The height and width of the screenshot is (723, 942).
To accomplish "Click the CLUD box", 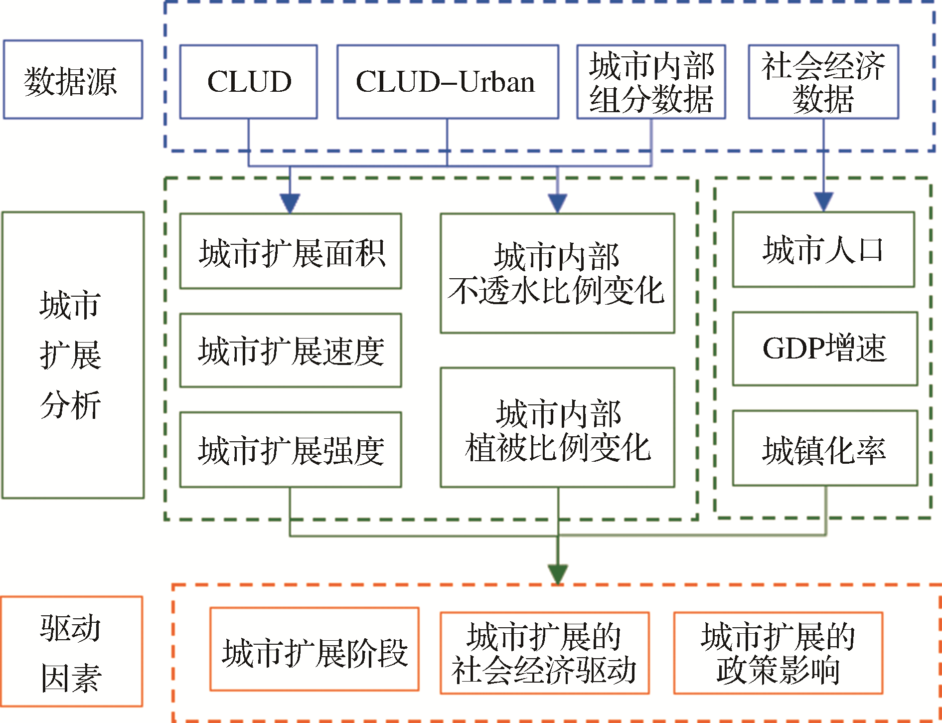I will click(x=249, y=82).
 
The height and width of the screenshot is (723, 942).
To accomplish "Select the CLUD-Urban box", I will click(x=448, y=82).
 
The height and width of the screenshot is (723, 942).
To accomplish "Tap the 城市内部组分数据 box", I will click(x=651, y=82).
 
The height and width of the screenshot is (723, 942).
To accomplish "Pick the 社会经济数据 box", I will click(x=823, y=82).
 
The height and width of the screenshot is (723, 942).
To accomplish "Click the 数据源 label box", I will click(x=73, y=80).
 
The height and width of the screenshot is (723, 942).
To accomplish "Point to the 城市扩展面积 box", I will click(x=291, y=251).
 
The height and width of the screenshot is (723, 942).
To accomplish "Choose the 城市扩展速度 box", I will click(x=291, y=350).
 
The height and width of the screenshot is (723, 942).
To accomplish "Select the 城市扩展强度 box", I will click(x=291, y=449).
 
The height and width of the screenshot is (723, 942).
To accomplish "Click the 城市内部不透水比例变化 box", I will click(x=557, y=273).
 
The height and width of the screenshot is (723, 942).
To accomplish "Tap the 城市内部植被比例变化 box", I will click(x=557, y=428).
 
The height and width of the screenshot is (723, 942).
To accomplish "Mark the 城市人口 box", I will click(x=823, y=249).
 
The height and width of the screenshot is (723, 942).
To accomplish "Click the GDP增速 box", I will click(x=825, y=349).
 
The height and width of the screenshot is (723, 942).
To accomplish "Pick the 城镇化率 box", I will click(x=825, y=448).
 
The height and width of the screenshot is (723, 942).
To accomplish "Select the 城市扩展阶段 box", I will click(x=314, y=649).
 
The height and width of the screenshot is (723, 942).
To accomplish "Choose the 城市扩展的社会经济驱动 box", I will click(x=544, y=653).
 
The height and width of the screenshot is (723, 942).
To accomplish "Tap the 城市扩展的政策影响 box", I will click(x=778, y=653).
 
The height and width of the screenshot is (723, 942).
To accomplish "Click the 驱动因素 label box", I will click(x=72, y=652).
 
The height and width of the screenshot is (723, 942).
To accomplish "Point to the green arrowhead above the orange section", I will click(x=558, y=574).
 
